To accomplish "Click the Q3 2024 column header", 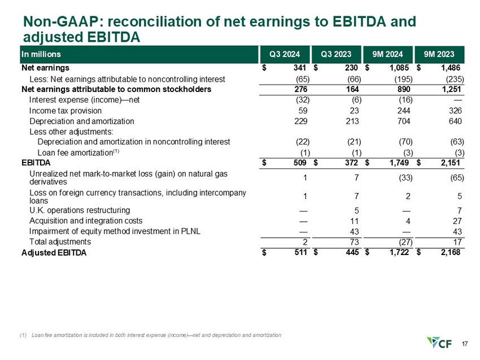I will point(284,54).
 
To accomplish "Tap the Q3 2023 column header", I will point(335,54).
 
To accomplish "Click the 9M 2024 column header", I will point(387,54).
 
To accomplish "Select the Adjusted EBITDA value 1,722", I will point(399,253).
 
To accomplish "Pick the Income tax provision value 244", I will point(404,111).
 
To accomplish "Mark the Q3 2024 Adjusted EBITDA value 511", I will point(300,253).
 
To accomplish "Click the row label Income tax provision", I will point(65,111).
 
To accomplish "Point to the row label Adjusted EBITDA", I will point(54,253).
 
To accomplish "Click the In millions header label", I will point(41,54).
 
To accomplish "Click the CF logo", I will point(440,343).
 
